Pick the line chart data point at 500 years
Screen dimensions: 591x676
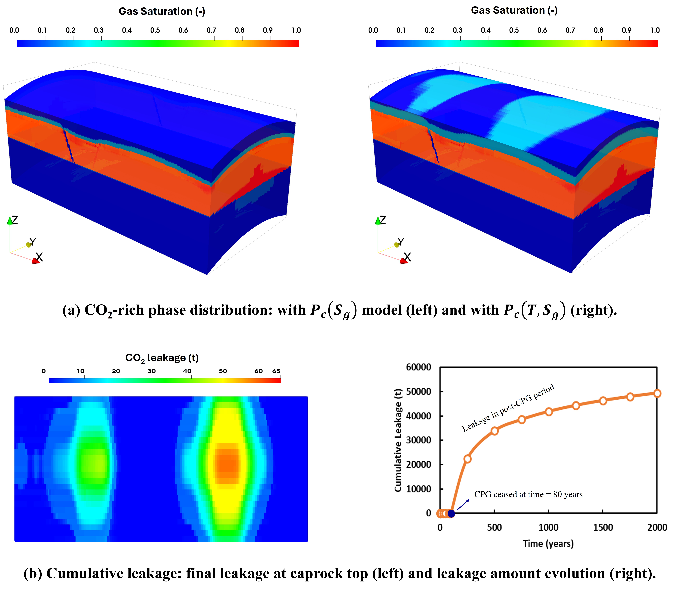494,431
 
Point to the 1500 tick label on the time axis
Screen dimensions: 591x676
603,527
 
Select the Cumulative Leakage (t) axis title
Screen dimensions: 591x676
398,440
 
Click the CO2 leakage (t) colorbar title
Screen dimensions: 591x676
162,358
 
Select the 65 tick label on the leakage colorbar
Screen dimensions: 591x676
276,371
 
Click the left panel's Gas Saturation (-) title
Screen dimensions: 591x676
162,12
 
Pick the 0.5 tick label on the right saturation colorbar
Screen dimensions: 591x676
514,30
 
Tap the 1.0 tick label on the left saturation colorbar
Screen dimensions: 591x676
296,30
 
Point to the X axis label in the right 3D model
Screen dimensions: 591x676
407,257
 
